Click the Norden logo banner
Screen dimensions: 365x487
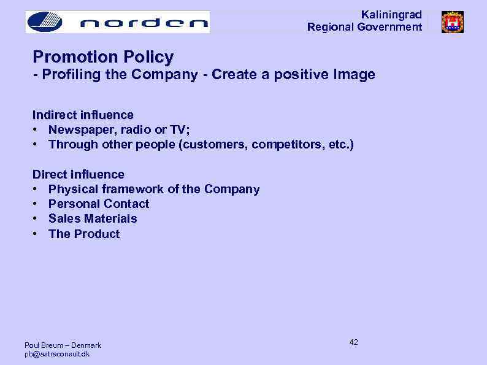click(117, 22)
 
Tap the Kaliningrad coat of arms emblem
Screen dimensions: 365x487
click(453, 22)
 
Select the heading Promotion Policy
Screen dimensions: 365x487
click(103, 57)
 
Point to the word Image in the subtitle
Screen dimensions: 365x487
click(355, 75)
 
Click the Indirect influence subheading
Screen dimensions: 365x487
click(83, 115)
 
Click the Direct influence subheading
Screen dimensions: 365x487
click(78, 174)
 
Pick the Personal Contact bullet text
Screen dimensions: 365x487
click(99, 204)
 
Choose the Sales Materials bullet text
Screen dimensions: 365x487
click(93, 218)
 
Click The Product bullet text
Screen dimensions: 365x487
click(84, 234)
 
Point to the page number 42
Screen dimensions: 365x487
click(353, 342)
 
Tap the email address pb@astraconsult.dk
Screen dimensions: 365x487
click(57, 354)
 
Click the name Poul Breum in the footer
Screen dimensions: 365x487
click(44, 345)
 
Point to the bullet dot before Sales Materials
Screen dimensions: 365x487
click(36, 218)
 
